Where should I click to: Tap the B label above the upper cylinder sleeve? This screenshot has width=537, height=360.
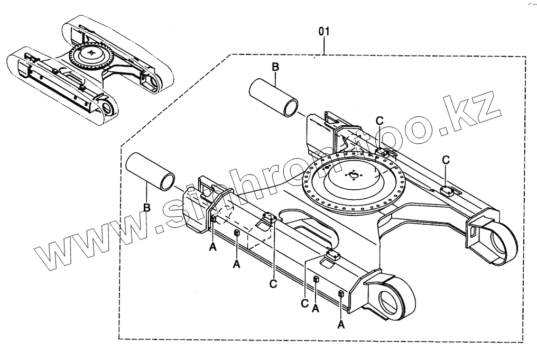click(275, 67)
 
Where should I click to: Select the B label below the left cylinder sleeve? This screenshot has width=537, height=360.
click(147, 207)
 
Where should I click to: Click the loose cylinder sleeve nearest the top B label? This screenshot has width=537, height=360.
click(274, 97)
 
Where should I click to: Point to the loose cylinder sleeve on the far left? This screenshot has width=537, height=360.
click(150, 170)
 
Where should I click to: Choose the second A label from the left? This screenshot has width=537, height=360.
click(236, 264)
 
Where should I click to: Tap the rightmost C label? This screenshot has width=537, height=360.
click(446, 159)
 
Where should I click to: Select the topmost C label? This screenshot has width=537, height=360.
click(379, 119)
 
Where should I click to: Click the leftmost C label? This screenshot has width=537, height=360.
click(273, 284)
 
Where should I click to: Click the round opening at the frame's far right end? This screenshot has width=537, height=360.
click(502, 242)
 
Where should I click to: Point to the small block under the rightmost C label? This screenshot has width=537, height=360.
click(447, 191)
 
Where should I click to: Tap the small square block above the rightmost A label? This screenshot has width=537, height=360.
click(341, 293)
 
